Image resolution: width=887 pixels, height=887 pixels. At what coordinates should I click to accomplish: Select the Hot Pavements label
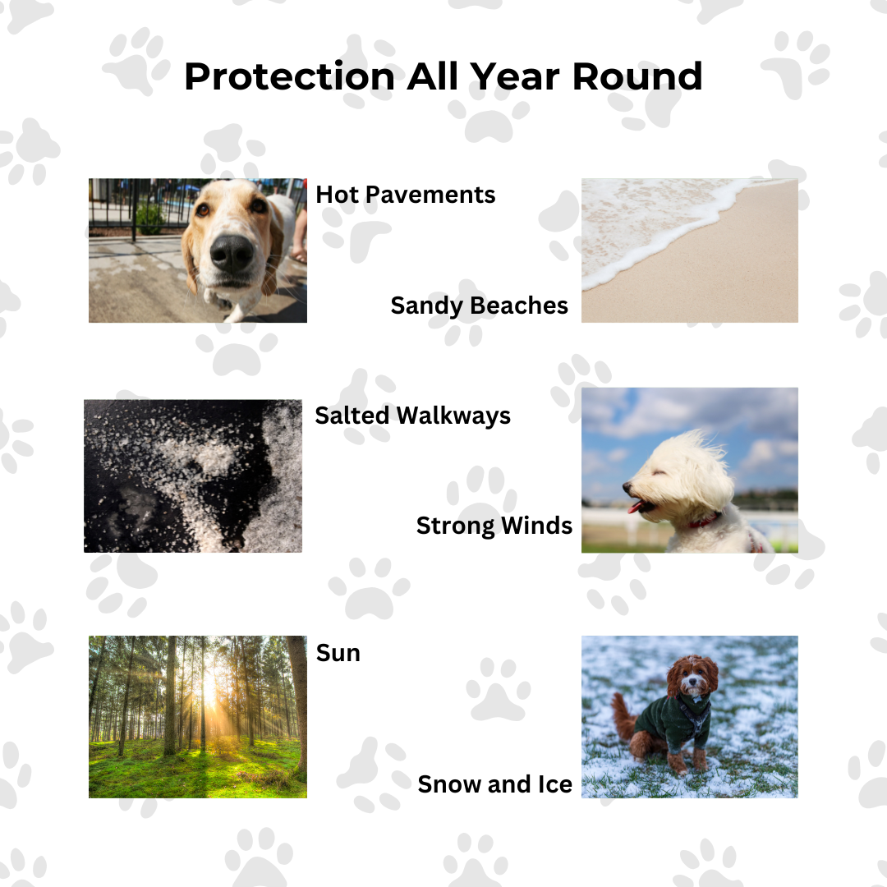(x=406, y=195)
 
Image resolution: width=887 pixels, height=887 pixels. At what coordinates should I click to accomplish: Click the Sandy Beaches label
(x=480, y=306)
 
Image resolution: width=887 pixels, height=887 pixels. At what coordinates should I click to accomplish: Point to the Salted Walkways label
(x=413, y=416)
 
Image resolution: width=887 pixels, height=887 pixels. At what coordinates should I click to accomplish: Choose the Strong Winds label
(x=494, y=526)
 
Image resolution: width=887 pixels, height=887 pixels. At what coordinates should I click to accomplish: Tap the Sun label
(x=338, y=653)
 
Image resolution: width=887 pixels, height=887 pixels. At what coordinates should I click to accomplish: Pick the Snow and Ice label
(x=495, y=784)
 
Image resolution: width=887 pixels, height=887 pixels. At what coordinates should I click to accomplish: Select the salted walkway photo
(x=193, y=476)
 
